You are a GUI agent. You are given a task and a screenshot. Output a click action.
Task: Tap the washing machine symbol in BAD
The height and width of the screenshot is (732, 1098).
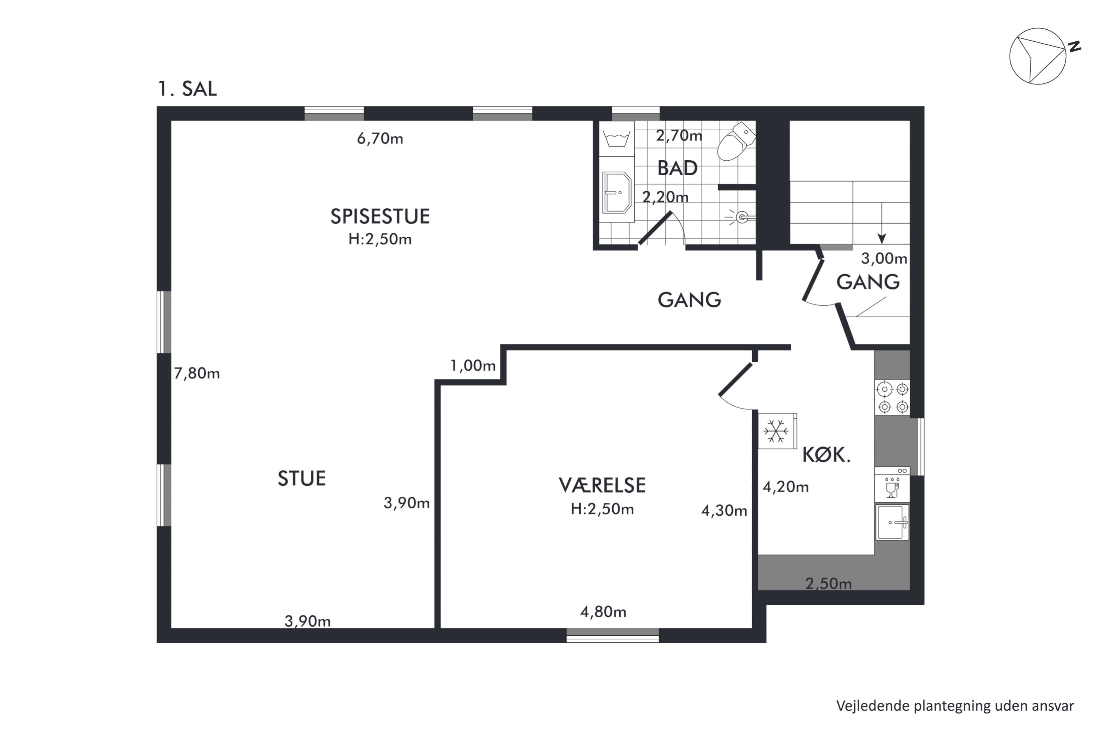(x=617, y=139)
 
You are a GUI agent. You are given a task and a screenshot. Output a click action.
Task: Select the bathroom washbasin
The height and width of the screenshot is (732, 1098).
(x=617, y=193)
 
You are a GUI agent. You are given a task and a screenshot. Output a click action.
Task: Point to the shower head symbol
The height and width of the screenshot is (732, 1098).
(x=741, y=217)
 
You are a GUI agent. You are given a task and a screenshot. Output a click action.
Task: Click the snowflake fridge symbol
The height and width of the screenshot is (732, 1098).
(x=777, y=431)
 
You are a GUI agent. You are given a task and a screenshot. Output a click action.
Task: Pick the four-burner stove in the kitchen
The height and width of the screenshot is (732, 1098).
(x=893, y=397)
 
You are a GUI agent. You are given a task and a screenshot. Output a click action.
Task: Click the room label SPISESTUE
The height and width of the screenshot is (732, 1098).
(x=380, y=217)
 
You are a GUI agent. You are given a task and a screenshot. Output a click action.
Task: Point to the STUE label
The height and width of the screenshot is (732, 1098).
(x=302, y=478)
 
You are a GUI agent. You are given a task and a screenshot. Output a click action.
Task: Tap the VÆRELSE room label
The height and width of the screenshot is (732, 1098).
(x=602, y=486)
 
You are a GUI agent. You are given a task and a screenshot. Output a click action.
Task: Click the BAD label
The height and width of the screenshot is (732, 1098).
(x=677, y=168)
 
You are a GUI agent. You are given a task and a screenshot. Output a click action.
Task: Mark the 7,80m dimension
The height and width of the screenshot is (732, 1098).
(x=197, y=373)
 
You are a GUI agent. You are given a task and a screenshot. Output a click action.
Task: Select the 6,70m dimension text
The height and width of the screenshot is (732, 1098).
(x=380, y=139)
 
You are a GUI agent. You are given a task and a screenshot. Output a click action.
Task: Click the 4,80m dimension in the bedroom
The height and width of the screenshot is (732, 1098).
(x=603, y=612)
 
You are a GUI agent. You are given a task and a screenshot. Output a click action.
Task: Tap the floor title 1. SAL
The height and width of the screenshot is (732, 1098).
(x=187, y=89)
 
